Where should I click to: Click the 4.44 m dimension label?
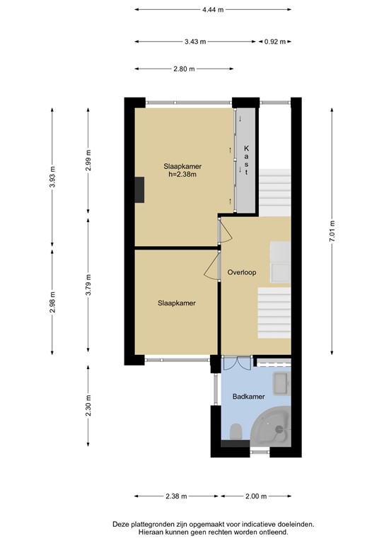point(213,10)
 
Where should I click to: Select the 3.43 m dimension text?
point(195,42)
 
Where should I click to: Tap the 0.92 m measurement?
point(275,42)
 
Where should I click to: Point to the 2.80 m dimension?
point(184,69)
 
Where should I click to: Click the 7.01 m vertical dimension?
point(332,231)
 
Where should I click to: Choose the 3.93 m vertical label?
point(52,177)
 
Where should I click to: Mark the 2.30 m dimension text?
point(88,406)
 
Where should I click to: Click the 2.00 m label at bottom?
point(256,496)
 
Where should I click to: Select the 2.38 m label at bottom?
point(176,496)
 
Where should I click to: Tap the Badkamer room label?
point(249,397)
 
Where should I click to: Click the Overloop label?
point(242,272)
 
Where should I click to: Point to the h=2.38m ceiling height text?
point(182,175)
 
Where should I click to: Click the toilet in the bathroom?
point(235,433)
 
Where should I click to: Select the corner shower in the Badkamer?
point(272,428)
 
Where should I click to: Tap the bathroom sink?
point(281,384)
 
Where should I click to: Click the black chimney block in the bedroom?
point(139,189)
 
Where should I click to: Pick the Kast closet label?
point(247,160)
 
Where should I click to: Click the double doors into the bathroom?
point(236,363)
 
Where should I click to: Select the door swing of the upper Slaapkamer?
point(225,230)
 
